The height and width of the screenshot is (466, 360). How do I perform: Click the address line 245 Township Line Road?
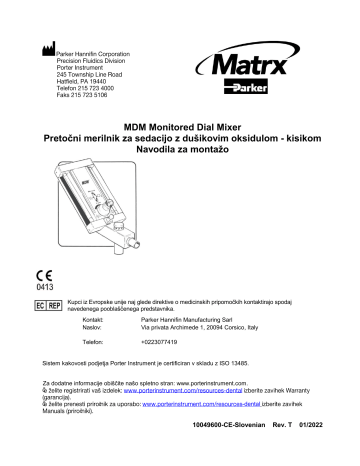(x=90, y=74)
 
